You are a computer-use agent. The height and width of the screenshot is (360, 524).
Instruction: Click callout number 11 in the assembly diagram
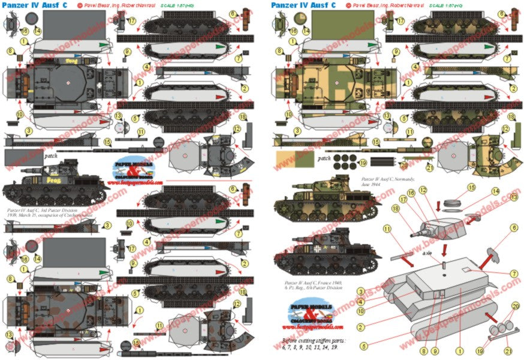click(x=387, y=229)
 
